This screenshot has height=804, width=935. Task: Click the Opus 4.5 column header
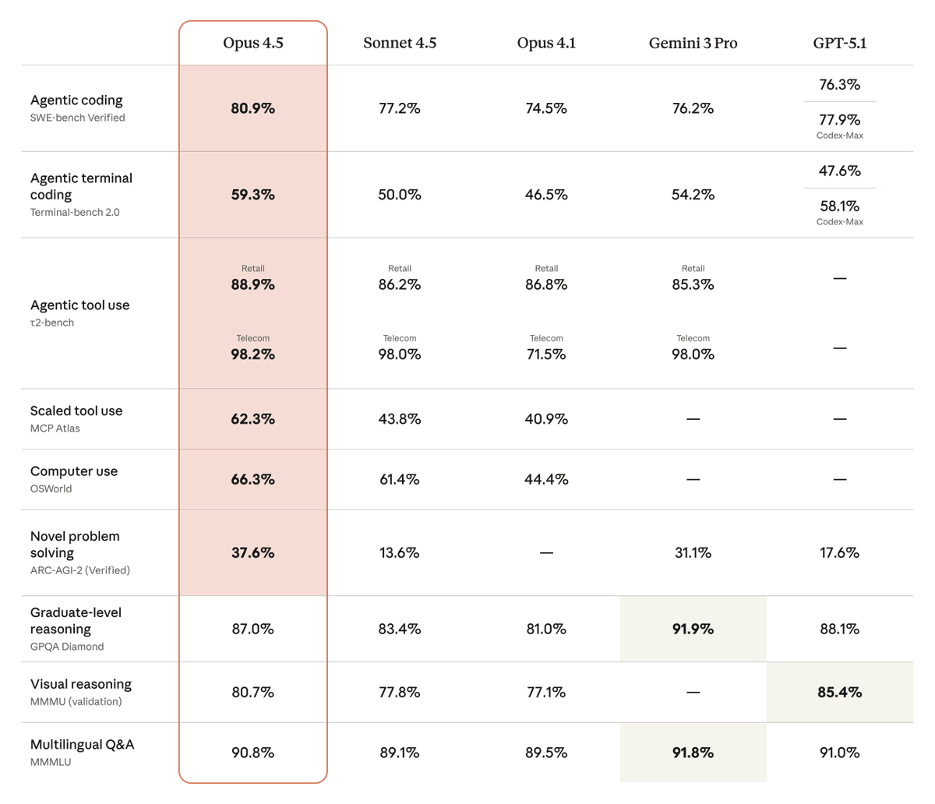252,43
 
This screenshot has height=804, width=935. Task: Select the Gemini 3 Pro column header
693,43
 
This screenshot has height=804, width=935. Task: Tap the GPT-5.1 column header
839,43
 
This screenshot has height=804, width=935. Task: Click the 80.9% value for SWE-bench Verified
252,108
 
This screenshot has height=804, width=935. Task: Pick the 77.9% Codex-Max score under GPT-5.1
839,120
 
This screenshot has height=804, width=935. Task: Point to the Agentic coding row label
76,100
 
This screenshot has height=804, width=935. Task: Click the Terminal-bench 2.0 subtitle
75,212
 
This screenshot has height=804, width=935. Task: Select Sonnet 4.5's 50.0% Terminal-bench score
399,195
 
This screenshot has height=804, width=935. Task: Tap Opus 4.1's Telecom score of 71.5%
545,354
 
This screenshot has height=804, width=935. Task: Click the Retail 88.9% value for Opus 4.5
252,285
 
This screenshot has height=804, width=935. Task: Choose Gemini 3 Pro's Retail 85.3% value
693,285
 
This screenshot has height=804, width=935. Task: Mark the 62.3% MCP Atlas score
252,419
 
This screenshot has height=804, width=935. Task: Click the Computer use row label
74,471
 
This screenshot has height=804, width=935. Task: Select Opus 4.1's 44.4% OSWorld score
545,480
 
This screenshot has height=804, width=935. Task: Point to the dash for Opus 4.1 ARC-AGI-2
545,553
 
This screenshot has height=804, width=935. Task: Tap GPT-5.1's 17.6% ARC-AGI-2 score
839,553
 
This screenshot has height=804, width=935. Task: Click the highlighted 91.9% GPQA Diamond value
693,629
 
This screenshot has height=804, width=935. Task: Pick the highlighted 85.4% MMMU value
839,692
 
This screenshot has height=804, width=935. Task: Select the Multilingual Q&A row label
82,745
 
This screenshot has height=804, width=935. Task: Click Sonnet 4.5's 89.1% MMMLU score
399,753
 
